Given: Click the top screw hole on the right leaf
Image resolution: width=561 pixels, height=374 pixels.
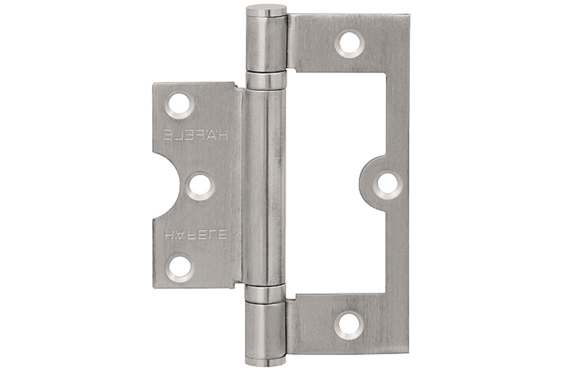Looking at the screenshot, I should (x=350, y=43).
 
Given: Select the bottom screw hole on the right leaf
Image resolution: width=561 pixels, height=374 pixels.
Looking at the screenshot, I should (x=346, y=324).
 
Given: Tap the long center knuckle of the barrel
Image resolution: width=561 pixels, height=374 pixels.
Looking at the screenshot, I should (x=267, y=186).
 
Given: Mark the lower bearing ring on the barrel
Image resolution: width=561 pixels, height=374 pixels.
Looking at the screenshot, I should (x=267, y=293).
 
